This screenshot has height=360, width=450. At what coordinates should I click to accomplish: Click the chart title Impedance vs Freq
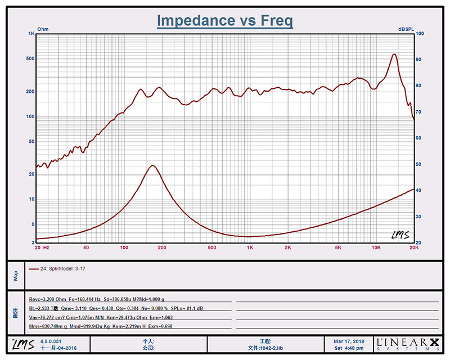[x=224, y=21]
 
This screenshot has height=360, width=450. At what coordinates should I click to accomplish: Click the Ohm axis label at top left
[x=43, y=29]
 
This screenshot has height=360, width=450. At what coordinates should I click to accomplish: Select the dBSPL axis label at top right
[x=407, y=29]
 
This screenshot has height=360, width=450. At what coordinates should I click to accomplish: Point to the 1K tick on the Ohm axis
[x=31, y=34]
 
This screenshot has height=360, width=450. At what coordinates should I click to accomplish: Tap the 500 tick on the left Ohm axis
[x=30, y=59]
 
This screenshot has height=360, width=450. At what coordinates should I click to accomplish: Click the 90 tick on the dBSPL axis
[x=418, y=60]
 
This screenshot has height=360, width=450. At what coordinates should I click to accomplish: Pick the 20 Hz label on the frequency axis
[x=42, y=247]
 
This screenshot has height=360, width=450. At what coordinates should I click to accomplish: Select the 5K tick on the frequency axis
[x=338, y=247]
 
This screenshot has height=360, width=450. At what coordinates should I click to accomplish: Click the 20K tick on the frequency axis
[x=413, y=247]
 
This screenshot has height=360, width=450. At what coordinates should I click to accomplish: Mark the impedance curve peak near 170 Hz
[x=152, y=165]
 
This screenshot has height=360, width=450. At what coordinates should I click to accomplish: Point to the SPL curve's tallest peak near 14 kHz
[x=394, y=54]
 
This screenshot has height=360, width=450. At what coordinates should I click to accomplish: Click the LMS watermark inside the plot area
[x=400, y=235]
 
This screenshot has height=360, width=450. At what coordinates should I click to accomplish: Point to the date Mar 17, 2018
[x=348, y=341]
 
